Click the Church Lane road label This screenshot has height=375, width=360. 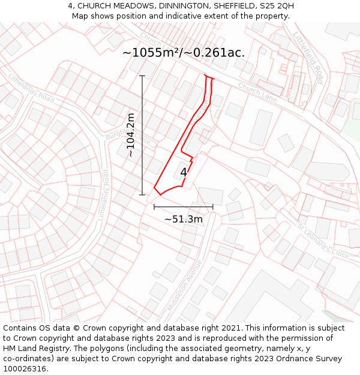click(x=258, y=92)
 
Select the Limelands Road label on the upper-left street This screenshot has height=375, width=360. click(x=31, y=88)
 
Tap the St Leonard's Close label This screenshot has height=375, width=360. click(x=323, y=241)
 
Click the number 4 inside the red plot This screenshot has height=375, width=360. click(x=184, y=173)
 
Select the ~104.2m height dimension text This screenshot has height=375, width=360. click(x=131, y=135)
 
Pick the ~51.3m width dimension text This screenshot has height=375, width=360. click(x=184, y=219)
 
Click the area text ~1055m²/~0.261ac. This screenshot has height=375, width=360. click(x=184, y=52)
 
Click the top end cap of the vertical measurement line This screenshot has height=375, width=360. click(x=142, y=76)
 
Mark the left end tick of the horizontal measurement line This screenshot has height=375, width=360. click(x=154, y=207)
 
